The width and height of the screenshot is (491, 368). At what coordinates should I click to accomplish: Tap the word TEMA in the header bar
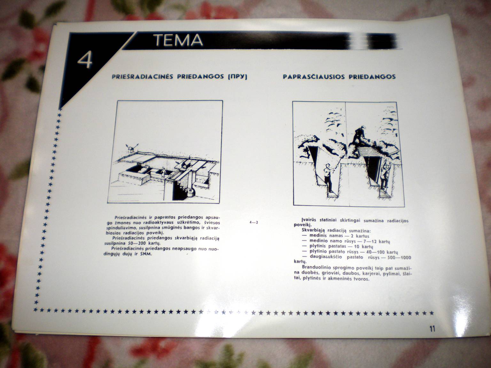178,40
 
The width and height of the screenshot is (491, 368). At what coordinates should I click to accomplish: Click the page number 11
433,329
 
